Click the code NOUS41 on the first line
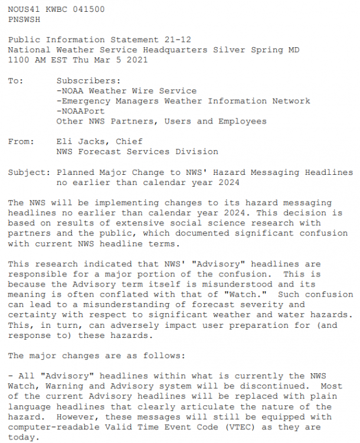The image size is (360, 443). click(22, 10)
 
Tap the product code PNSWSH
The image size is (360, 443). click(22, 19)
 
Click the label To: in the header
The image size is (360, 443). click(15, 81)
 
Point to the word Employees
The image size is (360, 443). click(243, 121)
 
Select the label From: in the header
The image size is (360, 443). click(20, 142)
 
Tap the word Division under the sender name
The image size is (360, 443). click(197, 152)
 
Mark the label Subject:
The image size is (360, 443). click(30, 172)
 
